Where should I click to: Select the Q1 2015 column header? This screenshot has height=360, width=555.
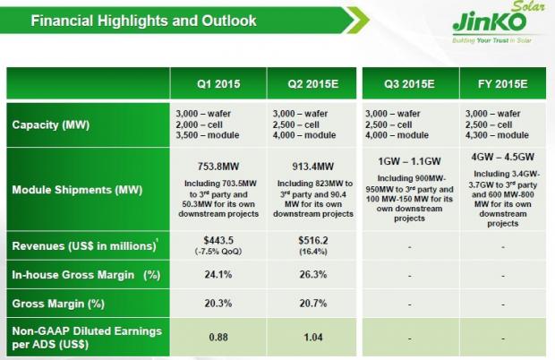[218, 86]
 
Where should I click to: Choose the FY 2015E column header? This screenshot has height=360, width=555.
[502, 86]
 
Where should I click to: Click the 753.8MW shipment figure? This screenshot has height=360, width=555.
[218, 164]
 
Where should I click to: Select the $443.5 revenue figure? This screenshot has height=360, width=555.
[218, 239]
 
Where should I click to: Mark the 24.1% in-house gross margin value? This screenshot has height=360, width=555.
[218, 275]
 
